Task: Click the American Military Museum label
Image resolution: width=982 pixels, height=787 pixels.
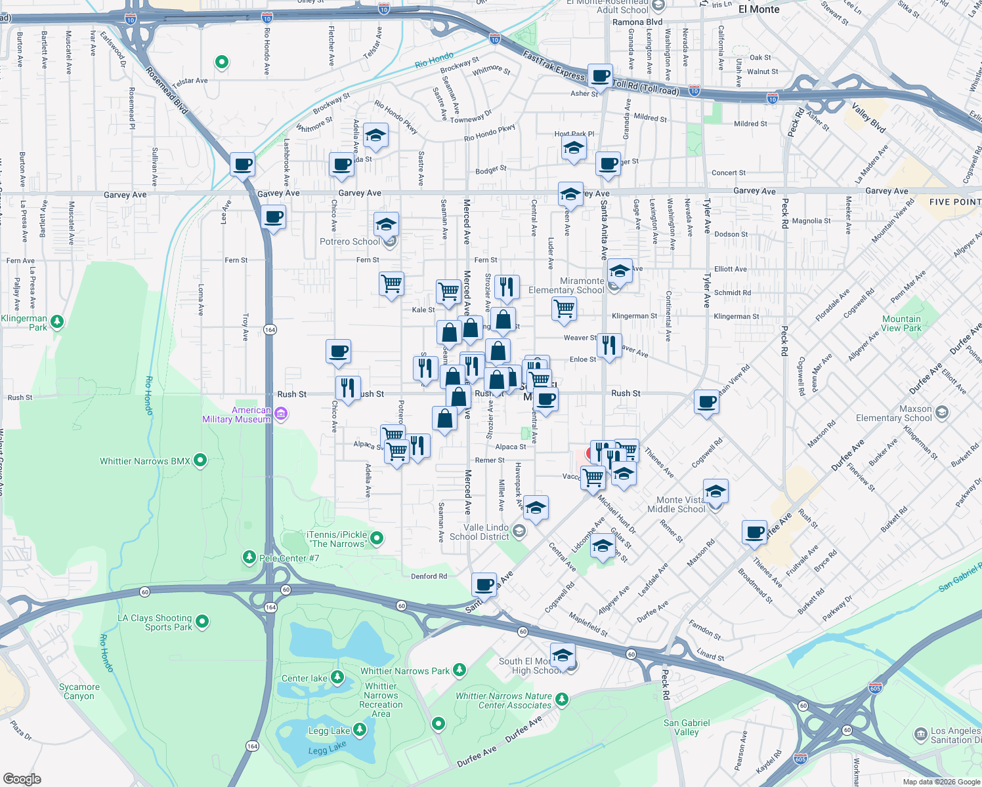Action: pyautogui.click(x=236, y=414)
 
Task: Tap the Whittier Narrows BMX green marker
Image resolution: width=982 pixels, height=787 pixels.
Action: pyautogui.click(x=200, y=461)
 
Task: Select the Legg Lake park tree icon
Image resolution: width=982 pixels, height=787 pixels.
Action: pyautogui.click(x=359, y=730)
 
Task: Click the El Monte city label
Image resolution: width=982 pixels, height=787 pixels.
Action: pyautogui.click(x=759, y=9)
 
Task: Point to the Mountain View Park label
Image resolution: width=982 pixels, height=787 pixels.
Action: pyautogui.click(x=901, y=323)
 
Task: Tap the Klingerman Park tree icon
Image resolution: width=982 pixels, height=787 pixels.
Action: pyautogui.click(x=57, y=321)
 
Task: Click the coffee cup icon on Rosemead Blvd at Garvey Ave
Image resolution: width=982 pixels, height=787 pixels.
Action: pyautogui.click(x=242, y=165)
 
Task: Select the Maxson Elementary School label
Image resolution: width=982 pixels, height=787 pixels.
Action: pyautogui.click(x=893, y=413)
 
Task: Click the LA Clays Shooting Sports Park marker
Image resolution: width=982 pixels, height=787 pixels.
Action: pyautogui.click(x=202, y=621)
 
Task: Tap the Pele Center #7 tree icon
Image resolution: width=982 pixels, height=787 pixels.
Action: pyautogui.click(x=249, y=557)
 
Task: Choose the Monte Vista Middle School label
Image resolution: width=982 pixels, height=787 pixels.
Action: pyautogui.click(x=676, y=504)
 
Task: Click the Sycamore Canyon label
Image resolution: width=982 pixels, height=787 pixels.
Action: pyautogui.click(x=79, y=691)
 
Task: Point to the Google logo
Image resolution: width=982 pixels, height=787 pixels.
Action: pyautogui.click(x=22, y=778)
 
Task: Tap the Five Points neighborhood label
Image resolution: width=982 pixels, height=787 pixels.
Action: pyautogui.click(x=954, y=202)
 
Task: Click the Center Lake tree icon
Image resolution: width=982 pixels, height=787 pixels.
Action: pyautogui.click(x=337, y=677)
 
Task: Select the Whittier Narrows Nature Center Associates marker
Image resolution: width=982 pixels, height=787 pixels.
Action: pyautogui.click(x=561, y=699)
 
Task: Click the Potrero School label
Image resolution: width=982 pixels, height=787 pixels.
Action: pyautogui.click(x=350, y=241)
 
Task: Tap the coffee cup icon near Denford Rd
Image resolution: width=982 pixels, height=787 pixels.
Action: pyautogui.click(x=484, y=584)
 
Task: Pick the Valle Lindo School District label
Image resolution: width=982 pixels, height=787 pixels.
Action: pyautogui.click(x=479, y=532)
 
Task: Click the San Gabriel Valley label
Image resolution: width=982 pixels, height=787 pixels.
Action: pyautogui.click(x=687, y=727)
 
